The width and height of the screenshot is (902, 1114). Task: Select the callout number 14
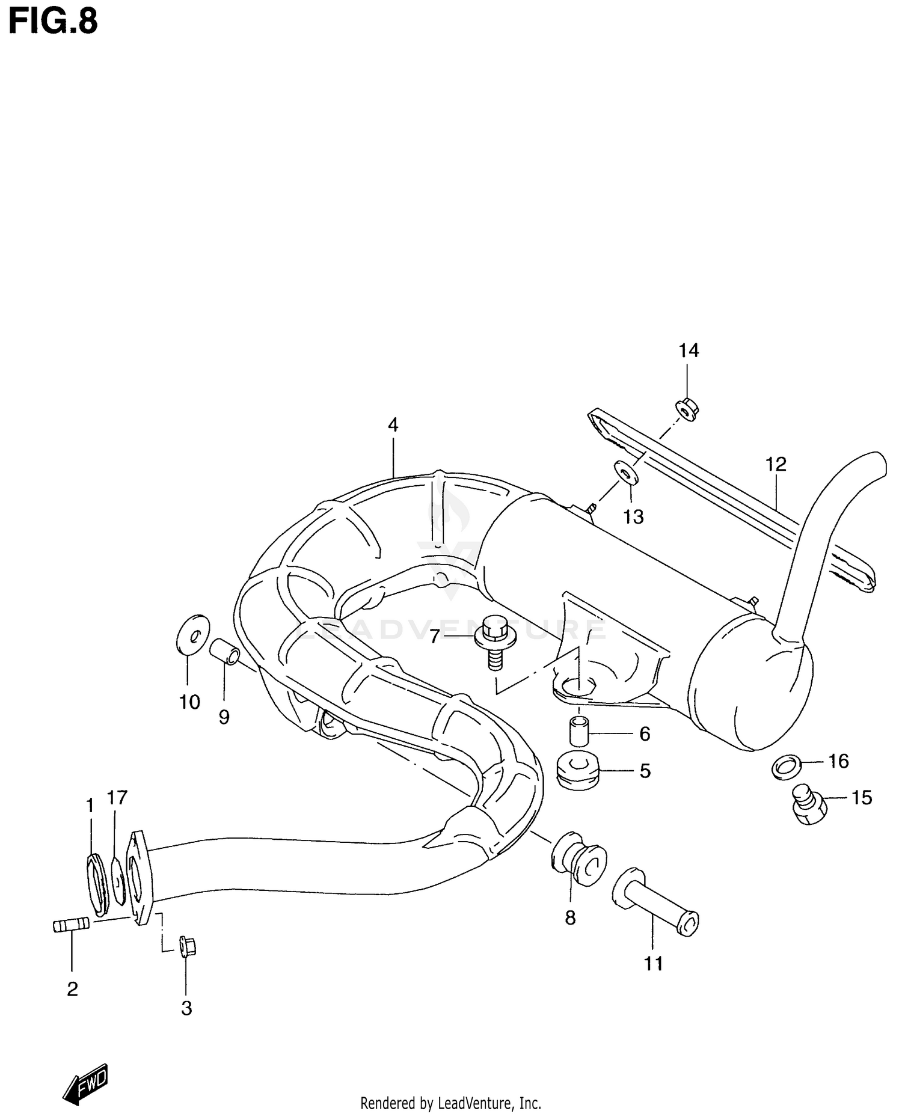(689, 350)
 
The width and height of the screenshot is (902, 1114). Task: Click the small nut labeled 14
(686, 409)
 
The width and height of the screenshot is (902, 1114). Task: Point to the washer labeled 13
(625, 474)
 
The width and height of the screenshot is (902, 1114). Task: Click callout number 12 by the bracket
(776, 464)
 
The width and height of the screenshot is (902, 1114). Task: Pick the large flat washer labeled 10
(194, 633)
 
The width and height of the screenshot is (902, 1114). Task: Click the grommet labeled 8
(577, 857)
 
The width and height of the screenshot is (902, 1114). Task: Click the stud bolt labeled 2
(71, 925)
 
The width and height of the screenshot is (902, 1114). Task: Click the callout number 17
(117, 798)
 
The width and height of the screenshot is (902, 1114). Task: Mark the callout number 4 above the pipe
(393, 425)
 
